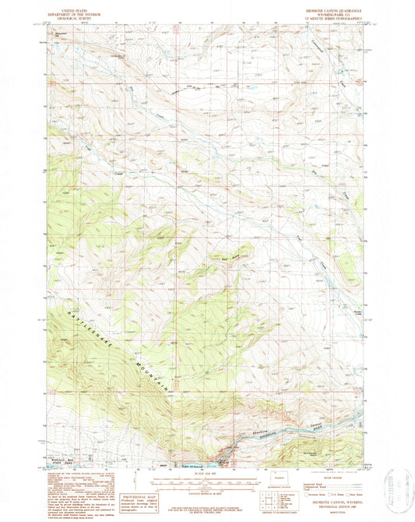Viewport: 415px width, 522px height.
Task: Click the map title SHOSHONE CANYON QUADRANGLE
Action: [332, 11]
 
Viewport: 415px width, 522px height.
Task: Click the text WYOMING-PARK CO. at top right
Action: [332, 15]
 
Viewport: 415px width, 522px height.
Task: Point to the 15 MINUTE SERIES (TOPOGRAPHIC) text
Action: [332, 19]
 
